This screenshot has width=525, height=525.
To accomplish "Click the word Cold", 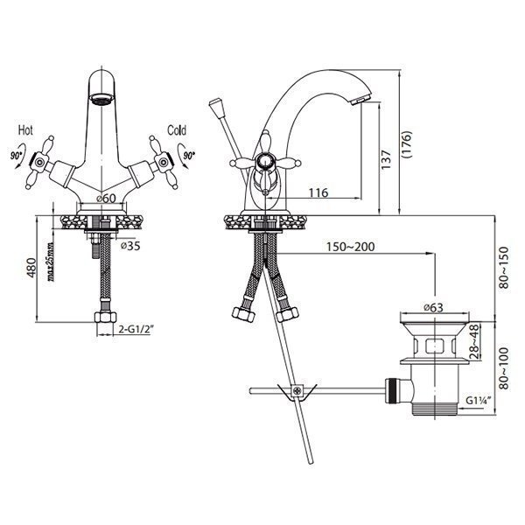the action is click(x=176, y=129).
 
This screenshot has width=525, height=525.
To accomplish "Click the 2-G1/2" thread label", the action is click(x=136, y=330).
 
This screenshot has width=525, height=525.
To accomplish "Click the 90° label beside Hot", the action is click(x=17, y=155).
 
